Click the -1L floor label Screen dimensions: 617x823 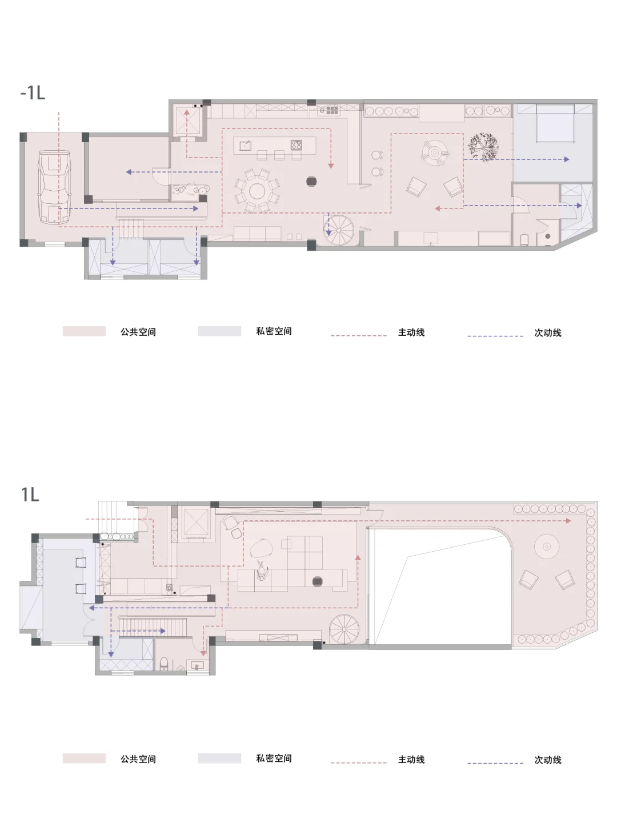click(33, 93)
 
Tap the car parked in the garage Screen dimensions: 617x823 click(55, 187)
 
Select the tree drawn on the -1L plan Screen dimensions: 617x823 click(483, 147)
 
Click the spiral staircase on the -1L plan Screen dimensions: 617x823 click(339, 230)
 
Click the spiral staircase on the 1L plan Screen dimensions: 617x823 click(344, 629)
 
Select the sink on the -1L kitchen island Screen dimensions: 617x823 click(245, 145)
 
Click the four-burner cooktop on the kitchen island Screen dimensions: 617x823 click(296, 144)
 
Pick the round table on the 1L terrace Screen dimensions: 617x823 click(547, 547)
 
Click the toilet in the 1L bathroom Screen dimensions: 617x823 click(165, 663)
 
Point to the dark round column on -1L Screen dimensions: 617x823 click(311, 182)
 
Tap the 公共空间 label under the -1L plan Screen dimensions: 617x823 click(138, 332)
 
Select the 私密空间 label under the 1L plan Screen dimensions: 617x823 click(274, 758)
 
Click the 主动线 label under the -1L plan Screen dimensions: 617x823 click(411, 332)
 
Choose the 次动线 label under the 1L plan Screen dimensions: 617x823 click(548, 760)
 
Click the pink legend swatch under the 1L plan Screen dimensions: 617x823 click(84, 758)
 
